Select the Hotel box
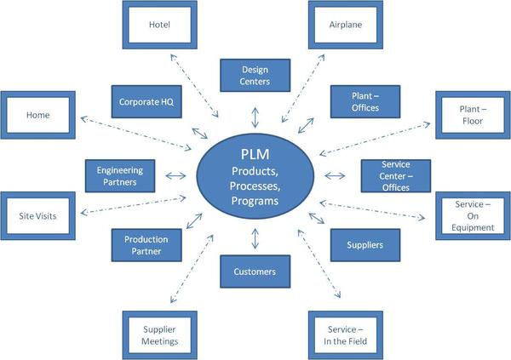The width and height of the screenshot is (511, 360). [x=159, y=25]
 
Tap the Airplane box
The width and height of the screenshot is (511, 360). [x=346, y=25]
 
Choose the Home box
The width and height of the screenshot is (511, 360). [x=38, y=115]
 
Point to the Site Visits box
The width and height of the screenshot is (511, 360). [x=38, y=216]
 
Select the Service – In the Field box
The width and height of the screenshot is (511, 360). [x=346, y=334]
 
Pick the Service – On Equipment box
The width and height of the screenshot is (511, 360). [x=473, y=216]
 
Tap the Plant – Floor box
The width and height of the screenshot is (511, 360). [x=473, y=115]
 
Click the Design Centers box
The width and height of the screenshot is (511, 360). [x=255, y=75]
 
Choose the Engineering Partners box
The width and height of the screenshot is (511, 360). [x=120, y=175]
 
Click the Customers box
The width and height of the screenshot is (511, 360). [x=255, y=272]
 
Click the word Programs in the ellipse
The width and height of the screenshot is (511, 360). [x=255, y=201]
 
